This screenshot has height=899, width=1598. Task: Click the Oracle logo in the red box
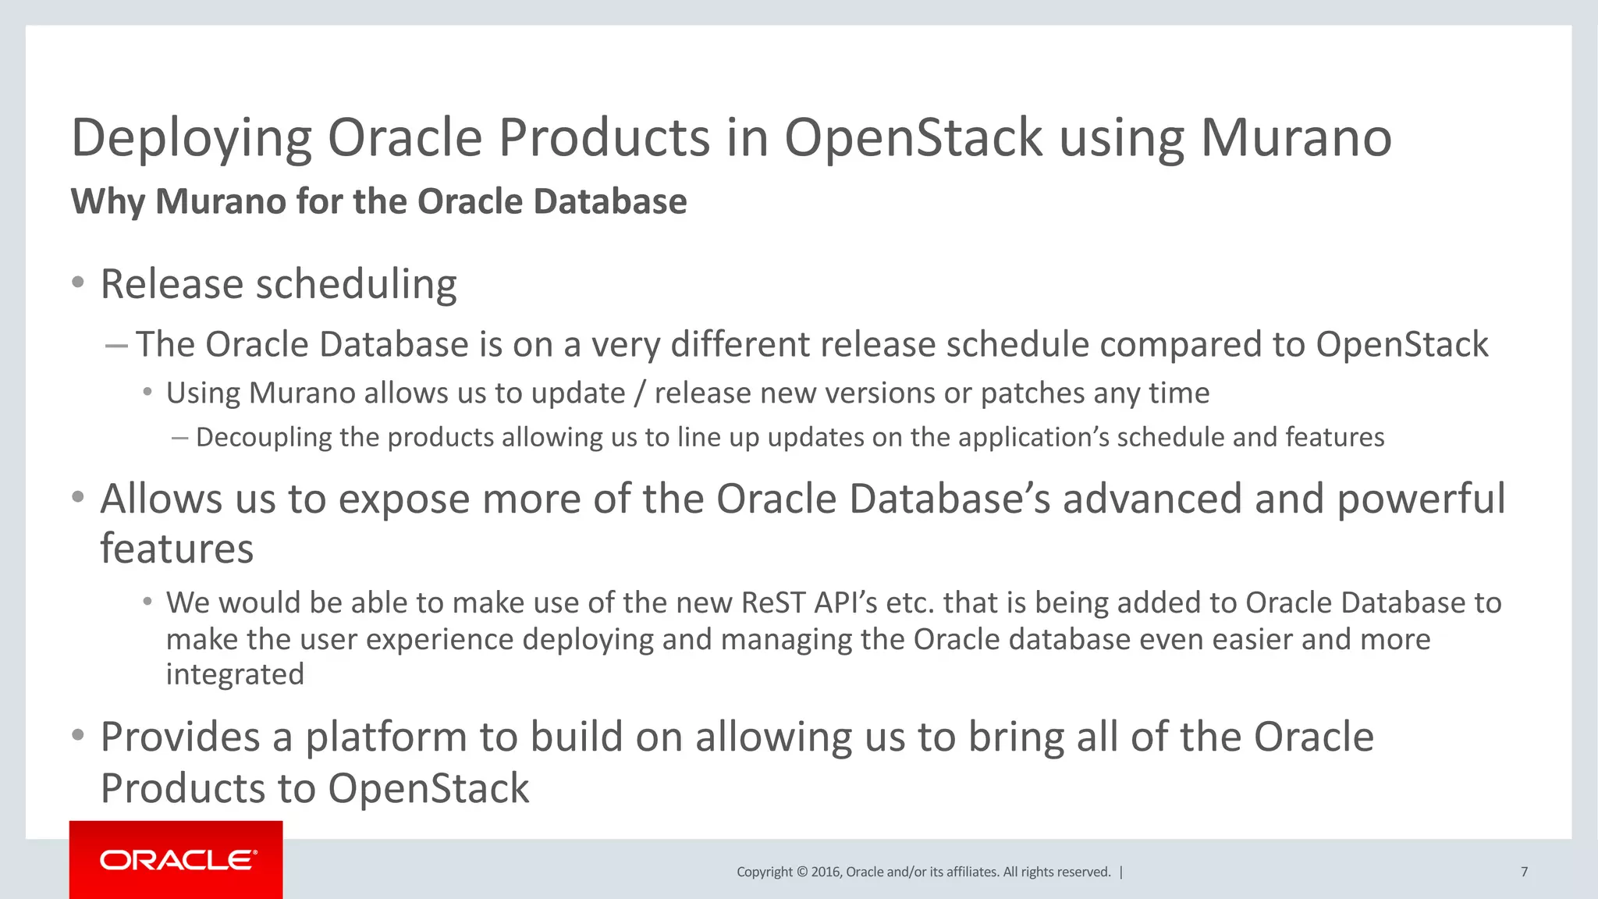[x=177, y=860]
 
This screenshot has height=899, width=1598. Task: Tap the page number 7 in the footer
[x=1524, y=872]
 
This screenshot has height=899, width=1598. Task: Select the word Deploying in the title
[x=191, y=138]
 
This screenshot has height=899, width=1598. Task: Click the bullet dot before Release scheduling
[x=77, y=282]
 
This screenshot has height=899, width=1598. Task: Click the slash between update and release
[x=640, y=393]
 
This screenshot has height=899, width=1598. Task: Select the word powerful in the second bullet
[x=1420, y=499]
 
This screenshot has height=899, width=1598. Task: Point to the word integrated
[x=235, y=674]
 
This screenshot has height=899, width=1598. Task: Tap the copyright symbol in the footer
[x=801, y=872]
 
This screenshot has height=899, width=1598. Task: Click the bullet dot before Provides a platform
[x=77, y=735]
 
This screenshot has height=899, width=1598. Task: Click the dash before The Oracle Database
[x=116, y=345]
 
